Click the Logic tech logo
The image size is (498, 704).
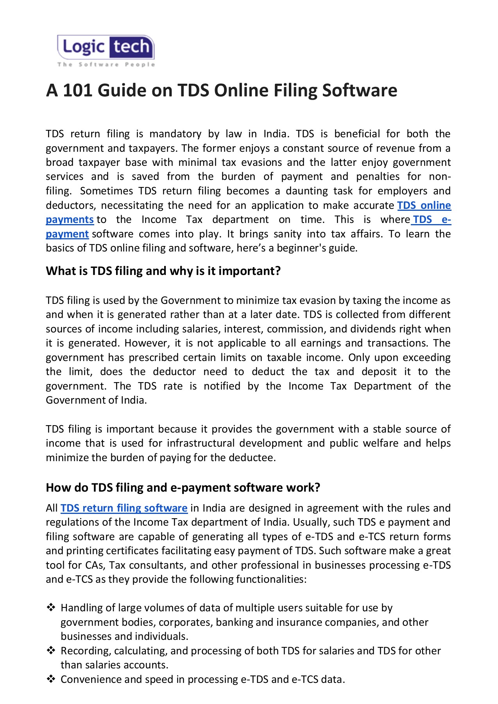pyautogui.click(x=106, y=47)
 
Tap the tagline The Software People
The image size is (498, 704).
pyautogui.click(x=106, y=65)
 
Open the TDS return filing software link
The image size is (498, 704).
pyautogui.click(x=124, y=508)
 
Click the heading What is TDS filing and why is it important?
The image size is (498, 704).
pyautogui.click(x=163, y=271)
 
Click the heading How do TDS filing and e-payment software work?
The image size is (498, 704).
pyautogui.click(x=183, y=488)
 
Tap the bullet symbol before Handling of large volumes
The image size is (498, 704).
pyautogui.click(x=51, y=607)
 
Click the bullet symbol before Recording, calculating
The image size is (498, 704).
pyautogui.click(x=51, y=650)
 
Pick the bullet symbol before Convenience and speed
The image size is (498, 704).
pyautogui.click(x=51, y=679)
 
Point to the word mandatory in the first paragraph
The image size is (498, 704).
pyautogui.click(x=175, y=134)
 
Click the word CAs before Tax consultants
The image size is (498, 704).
pyautogui.click(x=95, y=565)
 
